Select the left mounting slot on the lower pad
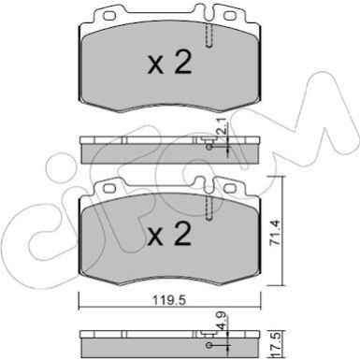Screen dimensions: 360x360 (108, 188)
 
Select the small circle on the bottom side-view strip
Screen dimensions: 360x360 (209, 335)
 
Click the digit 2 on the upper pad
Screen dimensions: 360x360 (183, 64)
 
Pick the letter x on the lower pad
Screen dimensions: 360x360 (155, 238)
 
